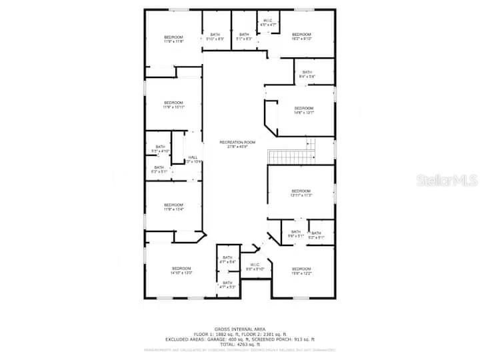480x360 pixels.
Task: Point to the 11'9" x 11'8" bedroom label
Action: click(x=173, y=39)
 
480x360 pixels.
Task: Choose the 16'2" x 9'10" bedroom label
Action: click(x=301, y=37)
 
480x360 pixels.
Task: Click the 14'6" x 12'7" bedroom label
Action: click(x=303, y=110)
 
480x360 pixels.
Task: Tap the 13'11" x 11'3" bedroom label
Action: click(x=301, y=193)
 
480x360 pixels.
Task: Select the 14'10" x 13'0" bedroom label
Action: click(x=181, y=271)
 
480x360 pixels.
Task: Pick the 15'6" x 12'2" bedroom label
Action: click(x=301, y=271)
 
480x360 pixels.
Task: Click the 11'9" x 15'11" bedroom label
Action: click(x=173, y=105)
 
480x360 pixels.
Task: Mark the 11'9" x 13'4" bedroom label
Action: click(x=173, y=207)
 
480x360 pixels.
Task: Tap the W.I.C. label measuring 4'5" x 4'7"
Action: click(x=268, y=23)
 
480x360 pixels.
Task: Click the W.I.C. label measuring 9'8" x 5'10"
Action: click(x=255, y=267)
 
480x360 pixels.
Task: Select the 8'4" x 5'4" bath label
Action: click(x=307, y=74)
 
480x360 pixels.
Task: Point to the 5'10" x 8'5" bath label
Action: click(x=215, y=37)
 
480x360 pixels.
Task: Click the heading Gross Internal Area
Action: click(x=239, y=329)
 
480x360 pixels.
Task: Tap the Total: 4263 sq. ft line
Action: click(x=239, y=344)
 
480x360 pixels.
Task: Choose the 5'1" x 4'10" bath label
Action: click(x=160, y=149)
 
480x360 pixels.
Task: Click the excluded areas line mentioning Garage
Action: click(x=239, y=339)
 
